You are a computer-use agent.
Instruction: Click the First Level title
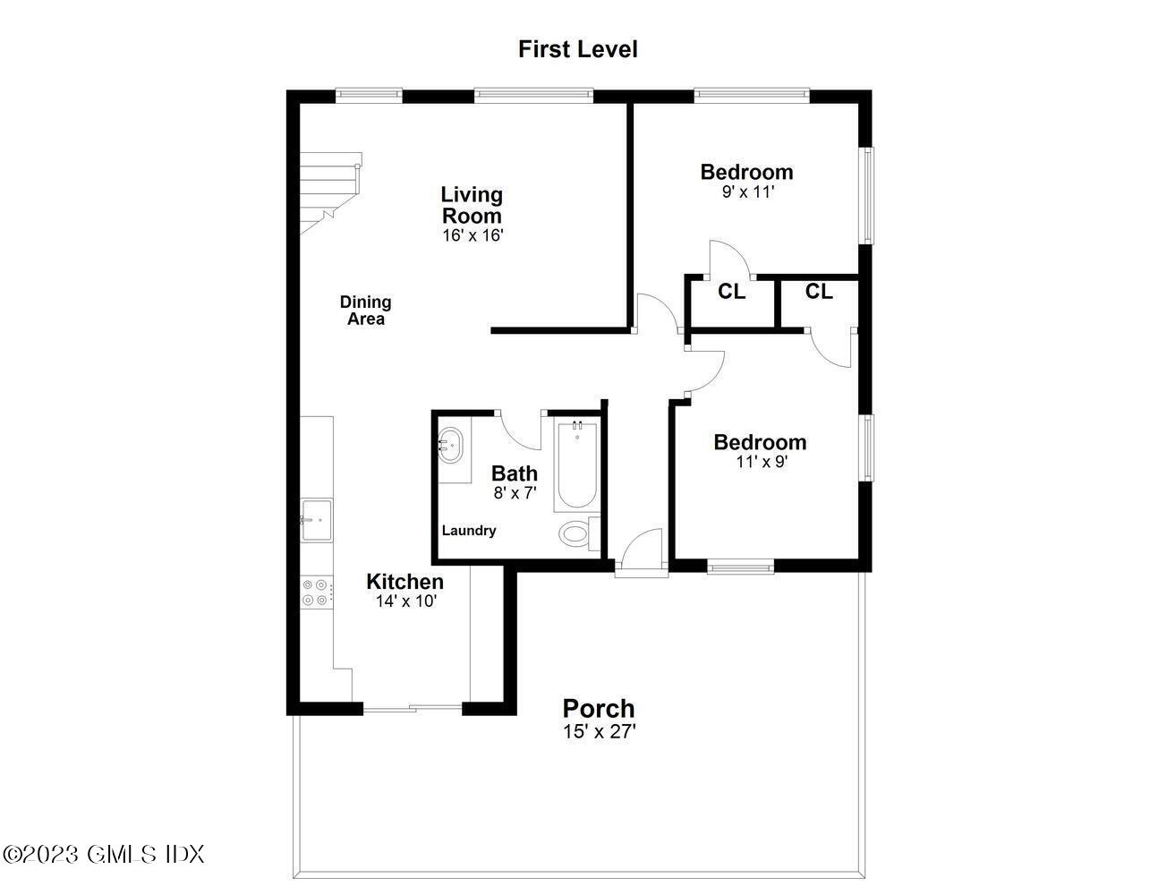coord(577,49)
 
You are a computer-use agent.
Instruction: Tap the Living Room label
coord(472,205)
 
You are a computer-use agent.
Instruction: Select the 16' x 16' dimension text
coord(473,235)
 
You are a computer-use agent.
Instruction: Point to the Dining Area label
coord(365,311)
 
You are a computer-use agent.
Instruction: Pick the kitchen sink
coord(316,520)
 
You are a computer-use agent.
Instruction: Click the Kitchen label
coord(404,582)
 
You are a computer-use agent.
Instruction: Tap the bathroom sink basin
coord(451,444)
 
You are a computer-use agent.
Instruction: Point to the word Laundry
coord(469,531)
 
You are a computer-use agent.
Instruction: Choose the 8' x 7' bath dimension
coord(515,492)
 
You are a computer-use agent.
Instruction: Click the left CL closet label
coord(731,292)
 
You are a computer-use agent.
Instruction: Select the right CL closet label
coord(819,292)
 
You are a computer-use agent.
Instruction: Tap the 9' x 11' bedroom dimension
coord(746,192)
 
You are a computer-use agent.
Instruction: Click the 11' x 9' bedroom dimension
coord(761,462)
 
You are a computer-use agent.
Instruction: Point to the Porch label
coord(598,709)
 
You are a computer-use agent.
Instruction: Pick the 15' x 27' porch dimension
coord(599,732)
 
